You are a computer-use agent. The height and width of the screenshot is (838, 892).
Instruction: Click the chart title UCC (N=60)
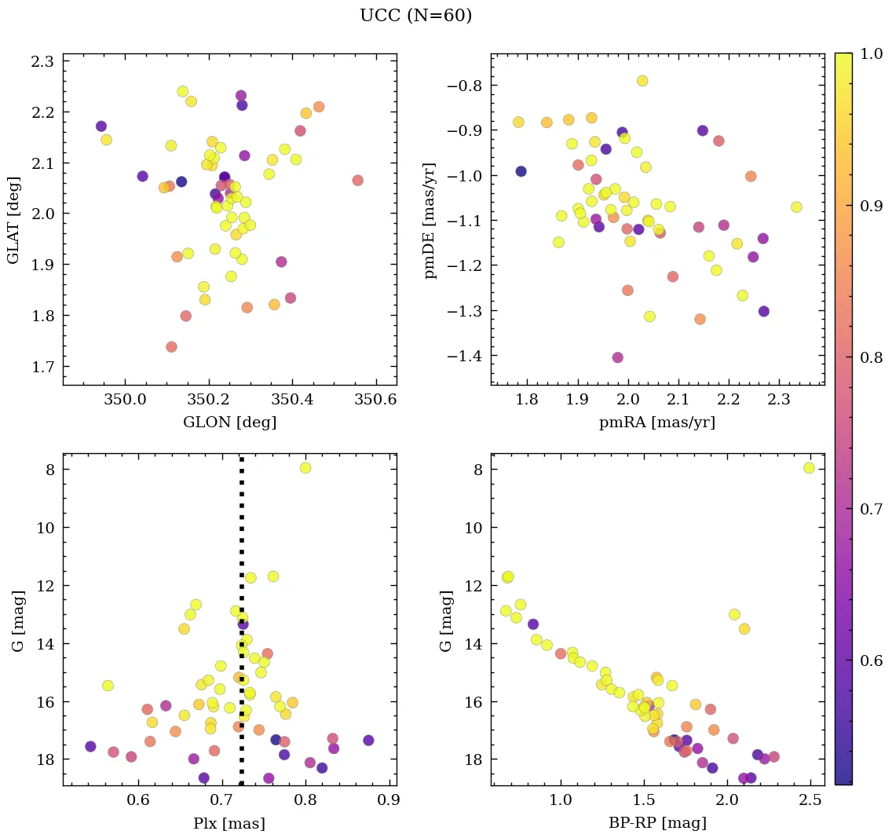click(415, 16)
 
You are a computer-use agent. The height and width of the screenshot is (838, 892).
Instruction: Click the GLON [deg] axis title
click(229, 423)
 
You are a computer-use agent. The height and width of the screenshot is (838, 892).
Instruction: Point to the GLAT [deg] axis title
click(14, 219)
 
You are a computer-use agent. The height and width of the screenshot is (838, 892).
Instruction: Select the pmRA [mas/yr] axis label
click(656, 423)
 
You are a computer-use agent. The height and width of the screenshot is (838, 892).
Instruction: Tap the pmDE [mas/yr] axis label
click(430, 220)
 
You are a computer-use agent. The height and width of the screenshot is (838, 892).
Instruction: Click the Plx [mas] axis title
click(229, 823)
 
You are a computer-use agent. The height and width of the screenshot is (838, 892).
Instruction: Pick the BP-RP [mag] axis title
click(657, 823)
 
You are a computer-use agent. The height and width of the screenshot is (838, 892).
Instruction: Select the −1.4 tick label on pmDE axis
click(461, 357)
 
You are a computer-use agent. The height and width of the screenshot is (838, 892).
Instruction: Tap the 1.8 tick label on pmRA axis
click(528, 400)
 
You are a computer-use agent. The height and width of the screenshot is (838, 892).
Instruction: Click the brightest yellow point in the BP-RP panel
click(809, 468)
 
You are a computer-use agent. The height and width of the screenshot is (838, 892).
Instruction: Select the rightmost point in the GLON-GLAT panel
click(358, 180)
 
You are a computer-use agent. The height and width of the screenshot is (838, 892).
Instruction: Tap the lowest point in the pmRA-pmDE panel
click(617, 357)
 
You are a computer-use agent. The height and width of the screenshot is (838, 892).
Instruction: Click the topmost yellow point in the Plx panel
click(305, 468)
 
